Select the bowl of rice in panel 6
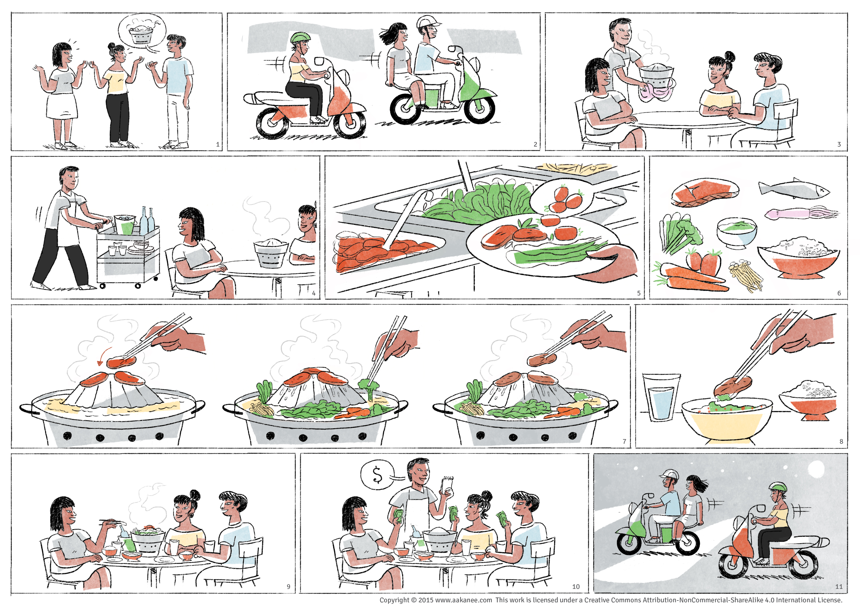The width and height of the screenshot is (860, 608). coord(798,258)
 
